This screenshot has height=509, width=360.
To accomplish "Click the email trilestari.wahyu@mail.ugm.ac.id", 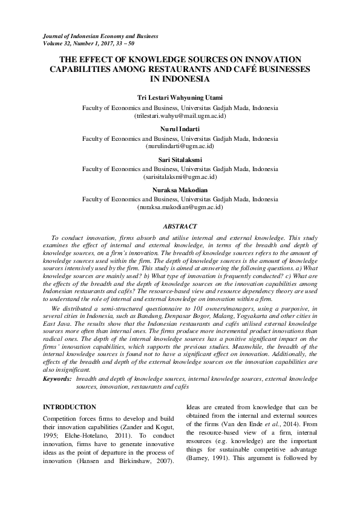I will pos(180,114).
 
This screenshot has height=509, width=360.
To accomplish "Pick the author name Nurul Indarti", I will pos(180,129).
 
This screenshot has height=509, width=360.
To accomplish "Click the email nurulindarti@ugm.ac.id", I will pos(180,146).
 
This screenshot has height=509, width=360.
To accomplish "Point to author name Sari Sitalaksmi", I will pos(180,160).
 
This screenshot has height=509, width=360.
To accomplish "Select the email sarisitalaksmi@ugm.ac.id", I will pos(180,177).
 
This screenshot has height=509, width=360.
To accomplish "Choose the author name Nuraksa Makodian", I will pos(180,190).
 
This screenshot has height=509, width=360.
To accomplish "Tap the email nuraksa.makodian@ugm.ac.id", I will pos(180,207).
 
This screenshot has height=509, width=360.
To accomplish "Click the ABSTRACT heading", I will pos(180,225).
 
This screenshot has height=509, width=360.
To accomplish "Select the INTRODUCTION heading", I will pos(70,407).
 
